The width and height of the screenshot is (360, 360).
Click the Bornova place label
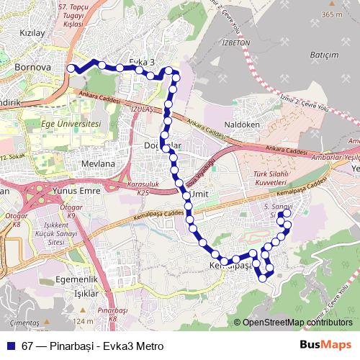(32, 68)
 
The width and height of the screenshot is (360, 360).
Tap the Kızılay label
(32, 33)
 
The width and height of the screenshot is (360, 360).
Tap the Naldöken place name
(241, 125)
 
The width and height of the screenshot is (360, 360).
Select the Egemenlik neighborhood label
(76, 279)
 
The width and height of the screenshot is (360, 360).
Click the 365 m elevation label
(332, 14)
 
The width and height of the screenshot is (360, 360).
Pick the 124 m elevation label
(84, 321)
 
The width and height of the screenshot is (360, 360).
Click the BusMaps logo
(326, 345)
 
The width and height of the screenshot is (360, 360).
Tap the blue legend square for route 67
(9, 346)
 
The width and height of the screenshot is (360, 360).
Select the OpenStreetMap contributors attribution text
(297, 323)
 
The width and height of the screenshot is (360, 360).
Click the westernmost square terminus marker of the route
(71, 68)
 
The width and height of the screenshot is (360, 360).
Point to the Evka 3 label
(142, 62)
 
